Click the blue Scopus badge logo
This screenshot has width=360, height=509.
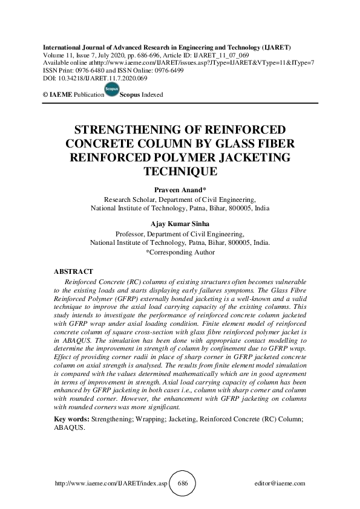coord(111,91)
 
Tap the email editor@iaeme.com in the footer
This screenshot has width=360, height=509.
coord(281,484)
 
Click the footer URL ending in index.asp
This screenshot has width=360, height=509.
coord(110,484)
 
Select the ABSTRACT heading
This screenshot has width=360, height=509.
coord(73,271)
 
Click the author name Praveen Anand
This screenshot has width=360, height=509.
coord(180,190)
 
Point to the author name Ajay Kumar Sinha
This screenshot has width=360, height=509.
coord(180,224)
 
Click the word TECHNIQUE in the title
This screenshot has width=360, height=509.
coord(180,172)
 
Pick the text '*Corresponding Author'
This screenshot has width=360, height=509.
coord(180,252)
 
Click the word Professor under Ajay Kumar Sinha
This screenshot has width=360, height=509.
coord(131,234)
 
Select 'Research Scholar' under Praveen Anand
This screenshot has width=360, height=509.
coord(129,198)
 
